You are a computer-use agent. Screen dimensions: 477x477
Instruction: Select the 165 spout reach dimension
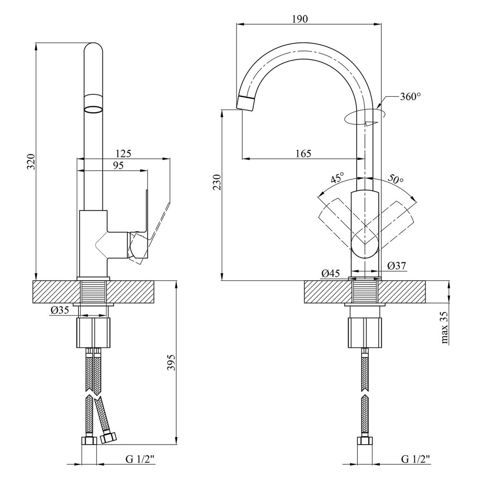[x=303, y=153]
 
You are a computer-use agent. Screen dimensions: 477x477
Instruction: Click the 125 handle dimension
[x=124, y=154]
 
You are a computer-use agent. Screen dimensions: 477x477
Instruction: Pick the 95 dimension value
[x=118, y=166]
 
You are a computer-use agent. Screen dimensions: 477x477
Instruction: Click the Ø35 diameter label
[x=60, y=310]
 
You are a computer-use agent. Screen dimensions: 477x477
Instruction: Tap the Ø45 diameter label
[x=330, y=273]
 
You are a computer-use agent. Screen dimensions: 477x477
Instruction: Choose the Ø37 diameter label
[x=396, y=266]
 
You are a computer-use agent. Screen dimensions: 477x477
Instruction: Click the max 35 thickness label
[x=445, y=327]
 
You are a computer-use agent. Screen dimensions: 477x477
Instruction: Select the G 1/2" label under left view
[x=140, y=459]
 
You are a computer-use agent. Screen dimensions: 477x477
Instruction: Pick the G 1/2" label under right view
[x=415, y=459]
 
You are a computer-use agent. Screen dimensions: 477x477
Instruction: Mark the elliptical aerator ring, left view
[x=93, y=109]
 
